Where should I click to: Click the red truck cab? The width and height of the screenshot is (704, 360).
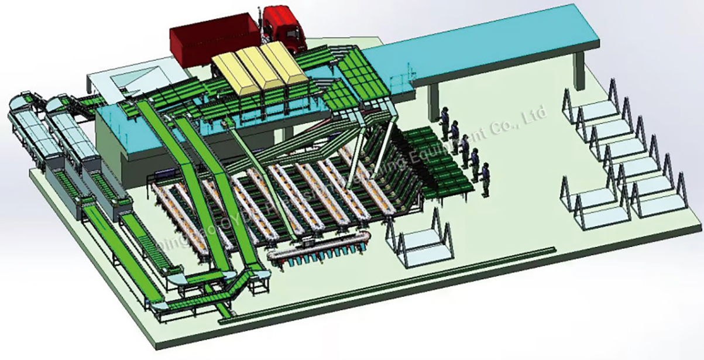coord(284,26)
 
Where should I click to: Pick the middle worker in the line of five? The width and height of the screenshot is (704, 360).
coord(465,149)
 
